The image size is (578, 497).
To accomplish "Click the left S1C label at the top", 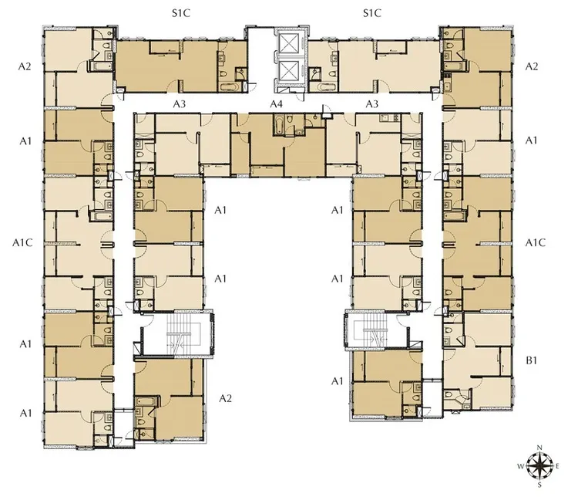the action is [181, 14].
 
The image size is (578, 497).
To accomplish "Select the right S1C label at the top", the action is [372, 14].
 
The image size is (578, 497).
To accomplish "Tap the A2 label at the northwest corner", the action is [25, 66].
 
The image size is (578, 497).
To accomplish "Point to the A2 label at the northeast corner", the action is [531, 66].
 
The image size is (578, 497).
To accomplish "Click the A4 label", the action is [276, 104].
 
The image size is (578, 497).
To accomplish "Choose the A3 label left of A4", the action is [180, 104].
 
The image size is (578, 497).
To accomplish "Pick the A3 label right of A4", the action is [372, 104].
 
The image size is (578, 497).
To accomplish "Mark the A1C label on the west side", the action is [22, 242].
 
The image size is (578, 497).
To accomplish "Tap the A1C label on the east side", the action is [536, 242].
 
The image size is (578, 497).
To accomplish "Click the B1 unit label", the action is [531, 360].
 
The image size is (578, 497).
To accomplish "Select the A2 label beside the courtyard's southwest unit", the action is [225, 398].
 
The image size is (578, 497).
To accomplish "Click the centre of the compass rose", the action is [539, 466].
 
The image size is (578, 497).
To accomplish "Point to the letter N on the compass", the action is [539, 448].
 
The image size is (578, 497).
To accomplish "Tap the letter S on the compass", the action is [539, 485].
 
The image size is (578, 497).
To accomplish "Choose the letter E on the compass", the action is [557, 466].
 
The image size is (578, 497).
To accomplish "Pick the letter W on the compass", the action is [521, 466].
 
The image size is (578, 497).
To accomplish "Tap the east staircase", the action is [376, 330].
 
